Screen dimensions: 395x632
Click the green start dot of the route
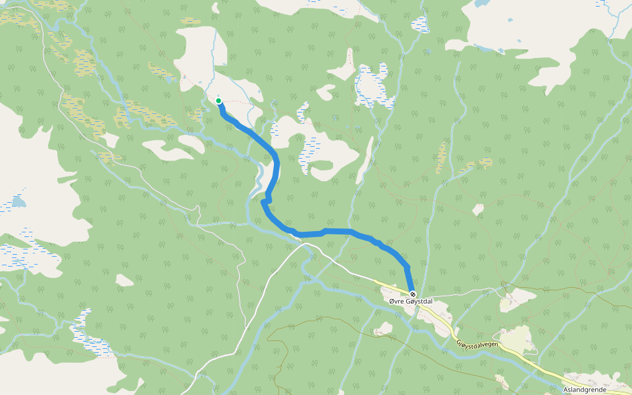tap(218, 101)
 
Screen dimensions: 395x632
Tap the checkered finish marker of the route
tap(413, 294)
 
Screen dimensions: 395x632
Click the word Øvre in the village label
tap(397, 302)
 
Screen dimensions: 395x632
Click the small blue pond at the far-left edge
tap(18, 201)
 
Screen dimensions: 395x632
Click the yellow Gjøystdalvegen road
tap(527, 361)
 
